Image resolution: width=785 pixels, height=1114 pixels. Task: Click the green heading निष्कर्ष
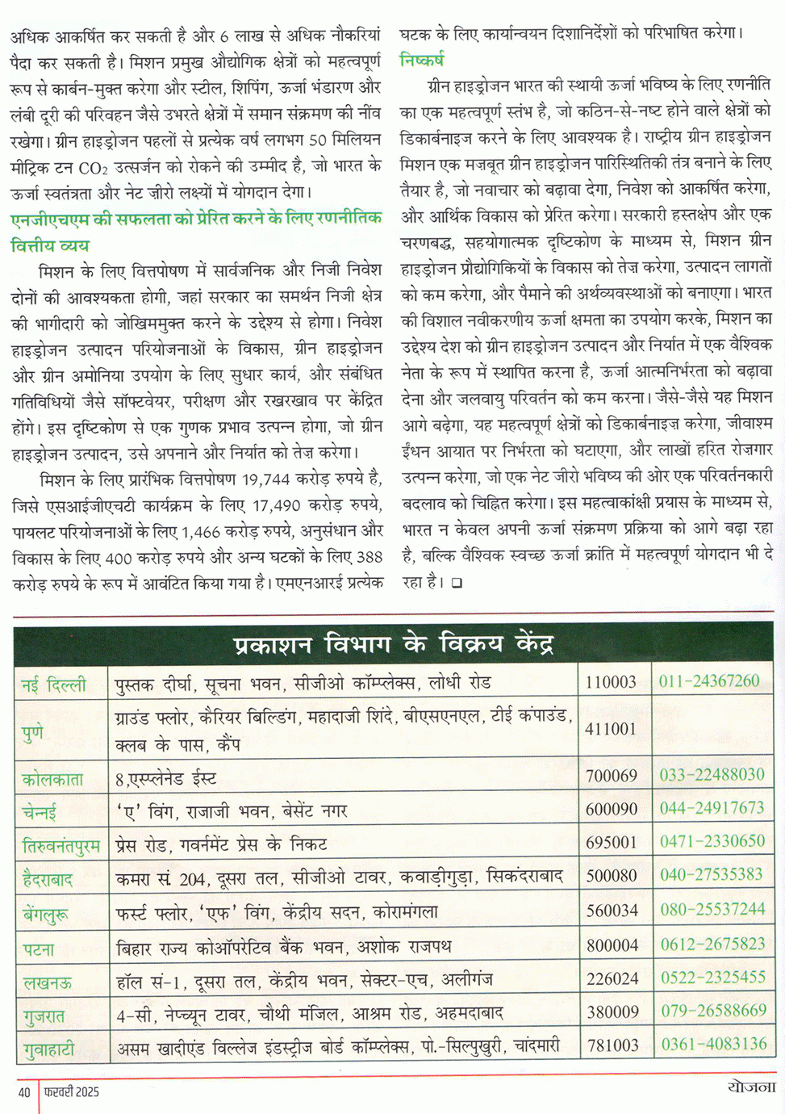[421, 60]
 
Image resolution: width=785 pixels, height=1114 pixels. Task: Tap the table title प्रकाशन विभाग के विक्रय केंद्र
[393, 644]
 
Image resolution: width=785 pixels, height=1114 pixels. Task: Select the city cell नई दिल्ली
[53, 685]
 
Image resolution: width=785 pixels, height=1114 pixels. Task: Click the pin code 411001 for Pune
[611, 728]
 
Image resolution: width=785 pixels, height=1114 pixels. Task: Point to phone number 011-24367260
[709, 681]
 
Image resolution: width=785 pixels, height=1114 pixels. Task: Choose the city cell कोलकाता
[53, 779]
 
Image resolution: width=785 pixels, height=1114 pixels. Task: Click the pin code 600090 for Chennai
[612, 809]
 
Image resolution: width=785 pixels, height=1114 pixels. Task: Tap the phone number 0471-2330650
[712, 841]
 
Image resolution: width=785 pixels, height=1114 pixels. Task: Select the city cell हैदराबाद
[48, 878]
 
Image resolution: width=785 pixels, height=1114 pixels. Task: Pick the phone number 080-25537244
[712, 910]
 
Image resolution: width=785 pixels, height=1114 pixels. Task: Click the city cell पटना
[40, 949]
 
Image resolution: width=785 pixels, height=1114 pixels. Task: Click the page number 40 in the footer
[24, 1092]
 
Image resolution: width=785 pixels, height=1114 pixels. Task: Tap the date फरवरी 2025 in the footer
[73, 1092]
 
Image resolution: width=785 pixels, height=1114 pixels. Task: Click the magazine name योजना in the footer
[750, 1087]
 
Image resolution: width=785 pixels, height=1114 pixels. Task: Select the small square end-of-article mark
[457, 582]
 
